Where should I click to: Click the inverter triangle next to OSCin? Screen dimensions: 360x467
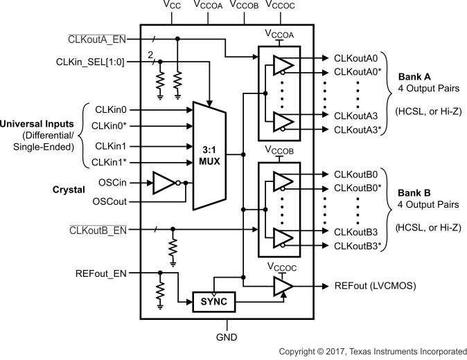coord(165,183)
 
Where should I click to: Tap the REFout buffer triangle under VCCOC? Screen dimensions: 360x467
coord(283,285)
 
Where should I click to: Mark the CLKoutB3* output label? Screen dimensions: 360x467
coord(358,246)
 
